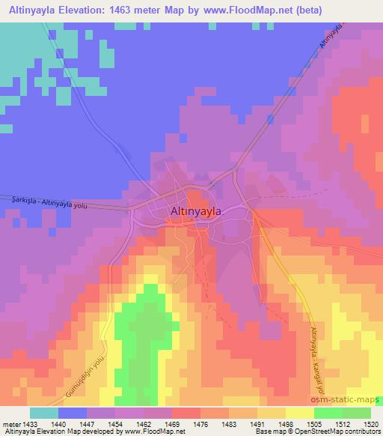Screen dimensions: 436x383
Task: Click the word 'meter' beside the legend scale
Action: pyautogui.click(x=10, y=423)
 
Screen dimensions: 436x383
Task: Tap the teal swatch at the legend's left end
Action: pyautogui.click(x=44, y=413)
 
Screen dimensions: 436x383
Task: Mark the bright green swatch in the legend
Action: pyautogui.click(x=328, y=413)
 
